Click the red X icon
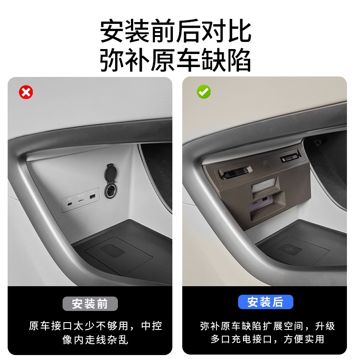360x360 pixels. tap(26, 93)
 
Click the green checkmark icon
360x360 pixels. tap(203, 92)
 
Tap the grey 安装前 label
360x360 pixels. tap(90, 304)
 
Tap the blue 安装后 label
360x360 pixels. tap(265, 301)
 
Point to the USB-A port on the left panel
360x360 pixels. tap(92, 198)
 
